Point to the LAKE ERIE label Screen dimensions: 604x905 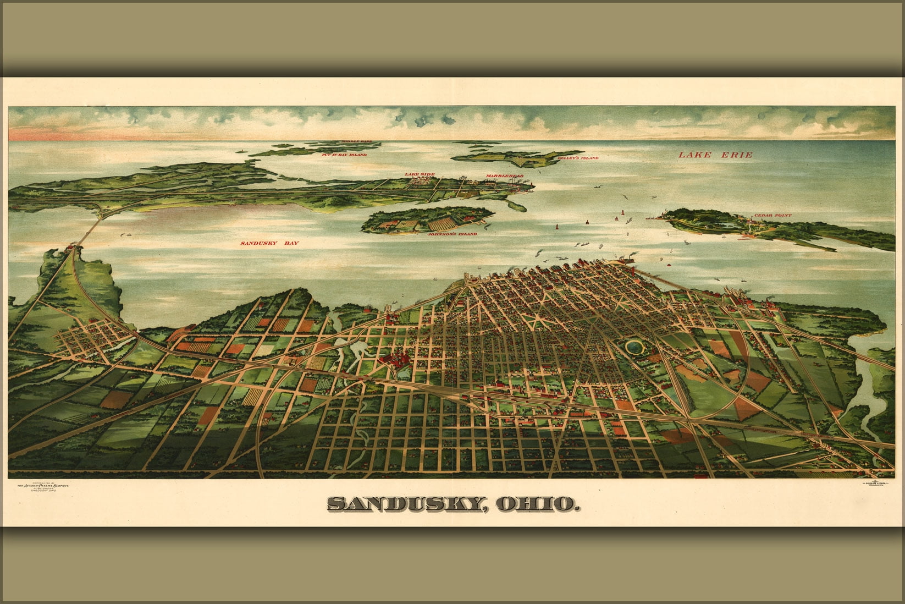tap(715, 155)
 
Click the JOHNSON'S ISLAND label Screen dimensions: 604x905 tap(452, 234)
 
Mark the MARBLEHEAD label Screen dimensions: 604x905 tap(504, 176)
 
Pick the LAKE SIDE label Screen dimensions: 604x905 tap(420, 174)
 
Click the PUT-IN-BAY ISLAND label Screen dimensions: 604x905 tap(344, 155)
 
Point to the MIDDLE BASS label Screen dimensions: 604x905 tap(357, 142)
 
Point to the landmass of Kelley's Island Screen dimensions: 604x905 tap(517, 158)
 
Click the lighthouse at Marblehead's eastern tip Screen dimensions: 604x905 tap(532, 185)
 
